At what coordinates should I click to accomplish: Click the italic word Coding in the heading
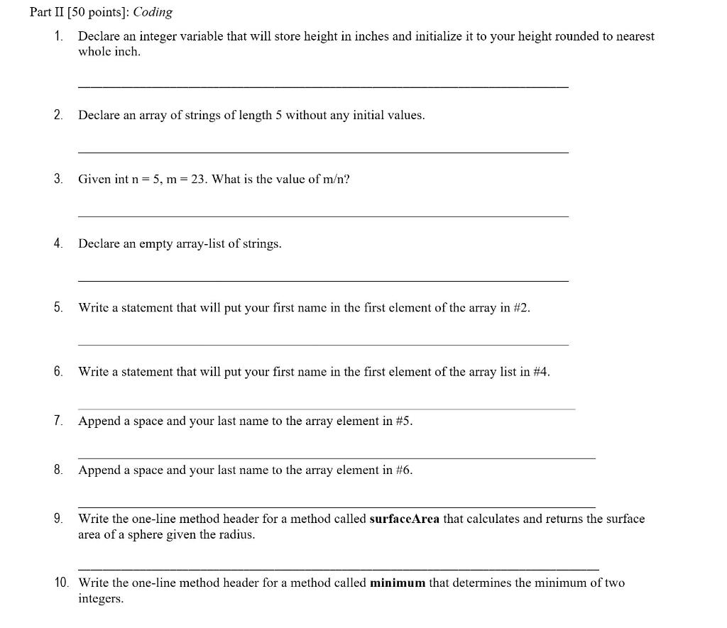click(x=153, y=13)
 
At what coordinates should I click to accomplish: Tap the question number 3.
click(x=58, y=179)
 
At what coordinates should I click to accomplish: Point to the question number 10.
click(x=62, y=583)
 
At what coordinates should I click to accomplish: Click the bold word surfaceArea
click(x=405, y=519)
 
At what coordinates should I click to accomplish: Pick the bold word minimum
click(x=398, y=583)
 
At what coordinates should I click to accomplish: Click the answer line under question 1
click(x=323, y=87)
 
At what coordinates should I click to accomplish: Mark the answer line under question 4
click(x=323, y=281)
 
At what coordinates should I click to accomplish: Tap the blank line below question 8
click(x=337, y=507)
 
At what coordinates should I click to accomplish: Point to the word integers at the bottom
click(x=101, y=599)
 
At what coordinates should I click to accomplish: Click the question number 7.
click(x=58, y=421)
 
